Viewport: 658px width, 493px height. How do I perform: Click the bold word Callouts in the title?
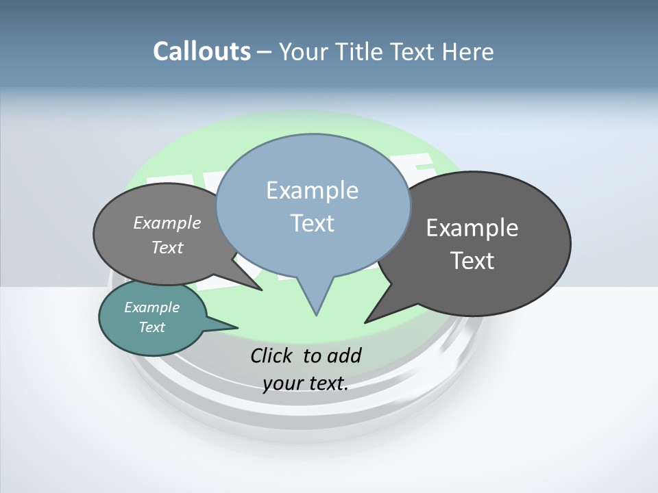point(202,52)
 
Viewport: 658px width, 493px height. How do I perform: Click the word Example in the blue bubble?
point(312,190)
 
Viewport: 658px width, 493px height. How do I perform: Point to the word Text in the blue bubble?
point(313,223)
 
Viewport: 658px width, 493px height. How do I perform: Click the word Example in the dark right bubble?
point(472,228)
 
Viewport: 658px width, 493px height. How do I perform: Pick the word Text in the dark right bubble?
point(472,261)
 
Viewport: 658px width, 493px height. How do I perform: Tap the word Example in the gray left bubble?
point(167,223)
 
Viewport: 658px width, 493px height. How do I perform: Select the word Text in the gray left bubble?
point(167,248)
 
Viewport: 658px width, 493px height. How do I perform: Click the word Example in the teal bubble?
point(152,307)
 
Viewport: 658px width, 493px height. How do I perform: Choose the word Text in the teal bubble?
point(152,327)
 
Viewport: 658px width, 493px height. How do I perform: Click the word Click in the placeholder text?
point(273,355)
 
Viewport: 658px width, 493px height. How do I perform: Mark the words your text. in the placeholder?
point(306,384)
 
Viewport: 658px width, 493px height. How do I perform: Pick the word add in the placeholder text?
point(343,355)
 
